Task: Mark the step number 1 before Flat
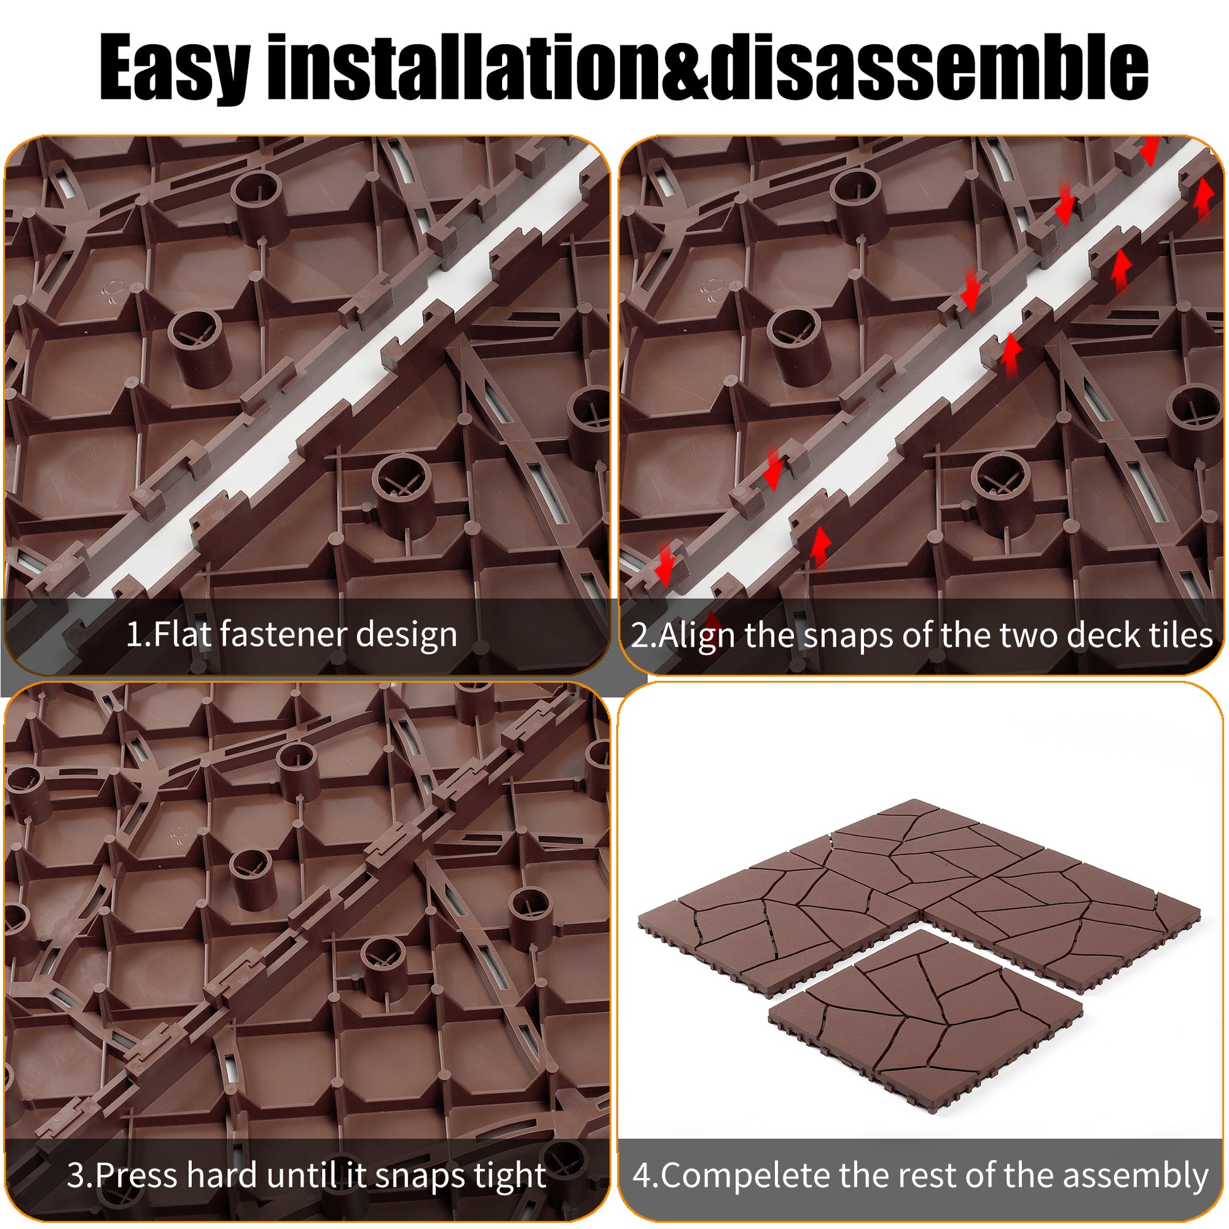coord(135,635)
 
